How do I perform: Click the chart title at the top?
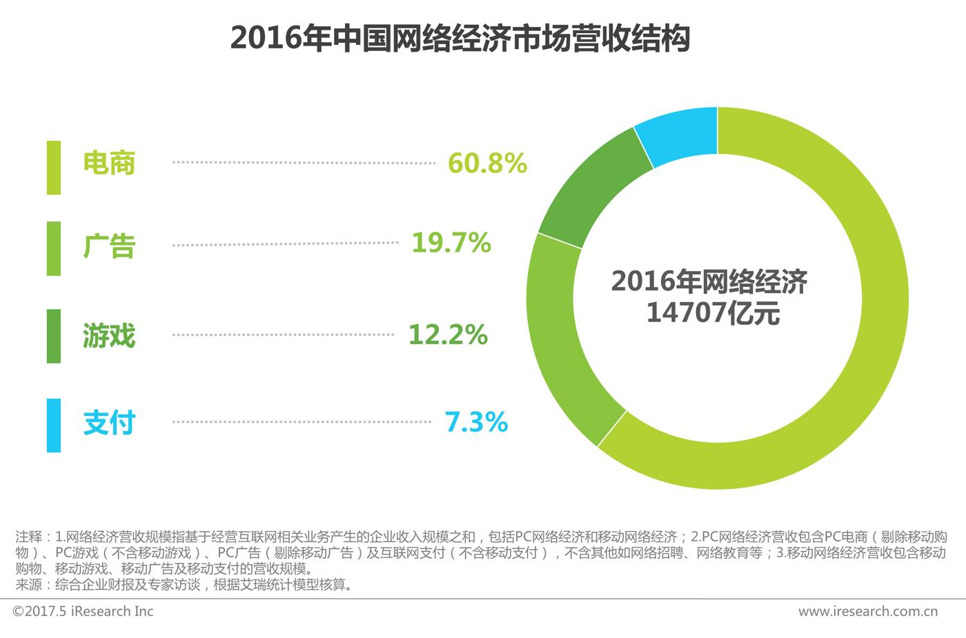(x=460, y=39)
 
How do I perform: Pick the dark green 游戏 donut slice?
(x=593, y=186)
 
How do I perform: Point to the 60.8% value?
(x=487, y=163)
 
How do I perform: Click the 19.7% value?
(x=451, y=243)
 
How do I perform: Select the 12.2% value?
(x=448, y=335)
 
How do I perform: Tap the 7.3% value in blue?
(x=476, y=421)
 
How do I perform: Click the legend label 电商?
(x=109, y=163)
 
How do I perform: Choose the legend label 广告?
(x=109, y=246)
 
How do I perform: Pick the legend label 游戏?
(x=109, y=336)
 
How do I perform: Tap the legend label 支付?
(x=109, y=423)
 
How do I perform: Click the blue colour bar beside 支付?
(x=54, y=425)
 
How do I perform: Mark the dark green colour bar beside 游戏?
(x=54, y=336)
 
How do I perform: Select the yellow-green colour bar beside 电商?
(x=54, y=168)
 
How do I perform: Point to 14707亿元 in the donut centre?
(x=713, y=313)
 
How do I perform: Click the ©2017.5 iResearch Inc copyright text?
(x=83, y=611)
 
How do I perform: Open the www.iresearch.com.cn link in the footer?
(x=867, y=611)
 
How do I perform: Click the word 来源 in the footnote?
(x=28, y=586)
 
